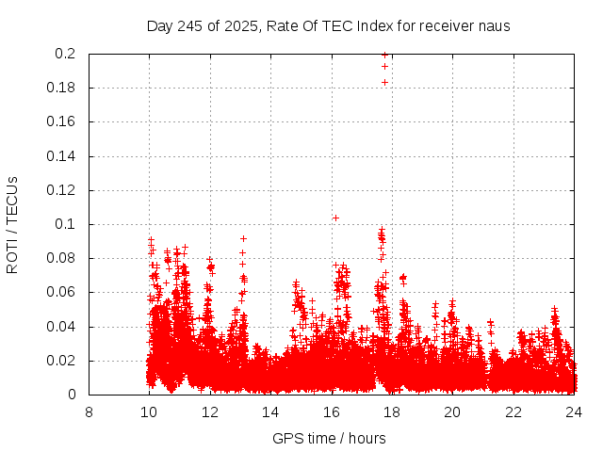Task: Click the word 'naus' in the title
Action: (x=494, y=26)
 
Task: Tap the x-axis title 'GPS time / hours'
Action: (x=329, y=438)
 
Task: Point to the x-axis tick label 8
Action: (x=89, y=412)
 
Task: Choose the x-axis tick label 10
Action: (x=149, y=412)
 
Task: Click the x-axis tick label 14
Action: (x=270, y=412)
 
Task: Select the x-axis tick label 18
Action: (x=392, y=412)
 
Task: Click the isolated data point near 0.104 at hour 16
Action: (x=335, y=218)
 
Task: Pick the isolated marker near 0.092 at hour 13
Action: (x=243, y=238)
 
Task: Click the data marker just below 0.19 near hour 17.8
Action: (x=384, y=82)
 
